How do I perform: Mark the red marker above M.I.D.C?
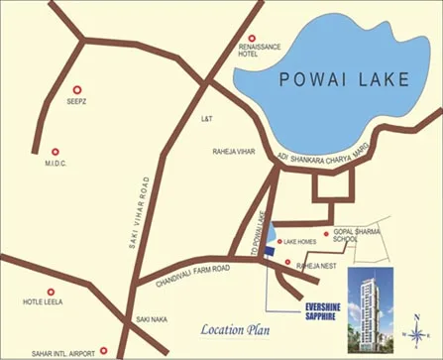coord(54,152)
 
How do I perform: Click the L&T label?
coord(207,118)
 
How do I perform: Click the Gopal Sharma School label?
coord(356,234)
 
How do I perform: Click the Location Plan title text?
coord(235,329)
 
